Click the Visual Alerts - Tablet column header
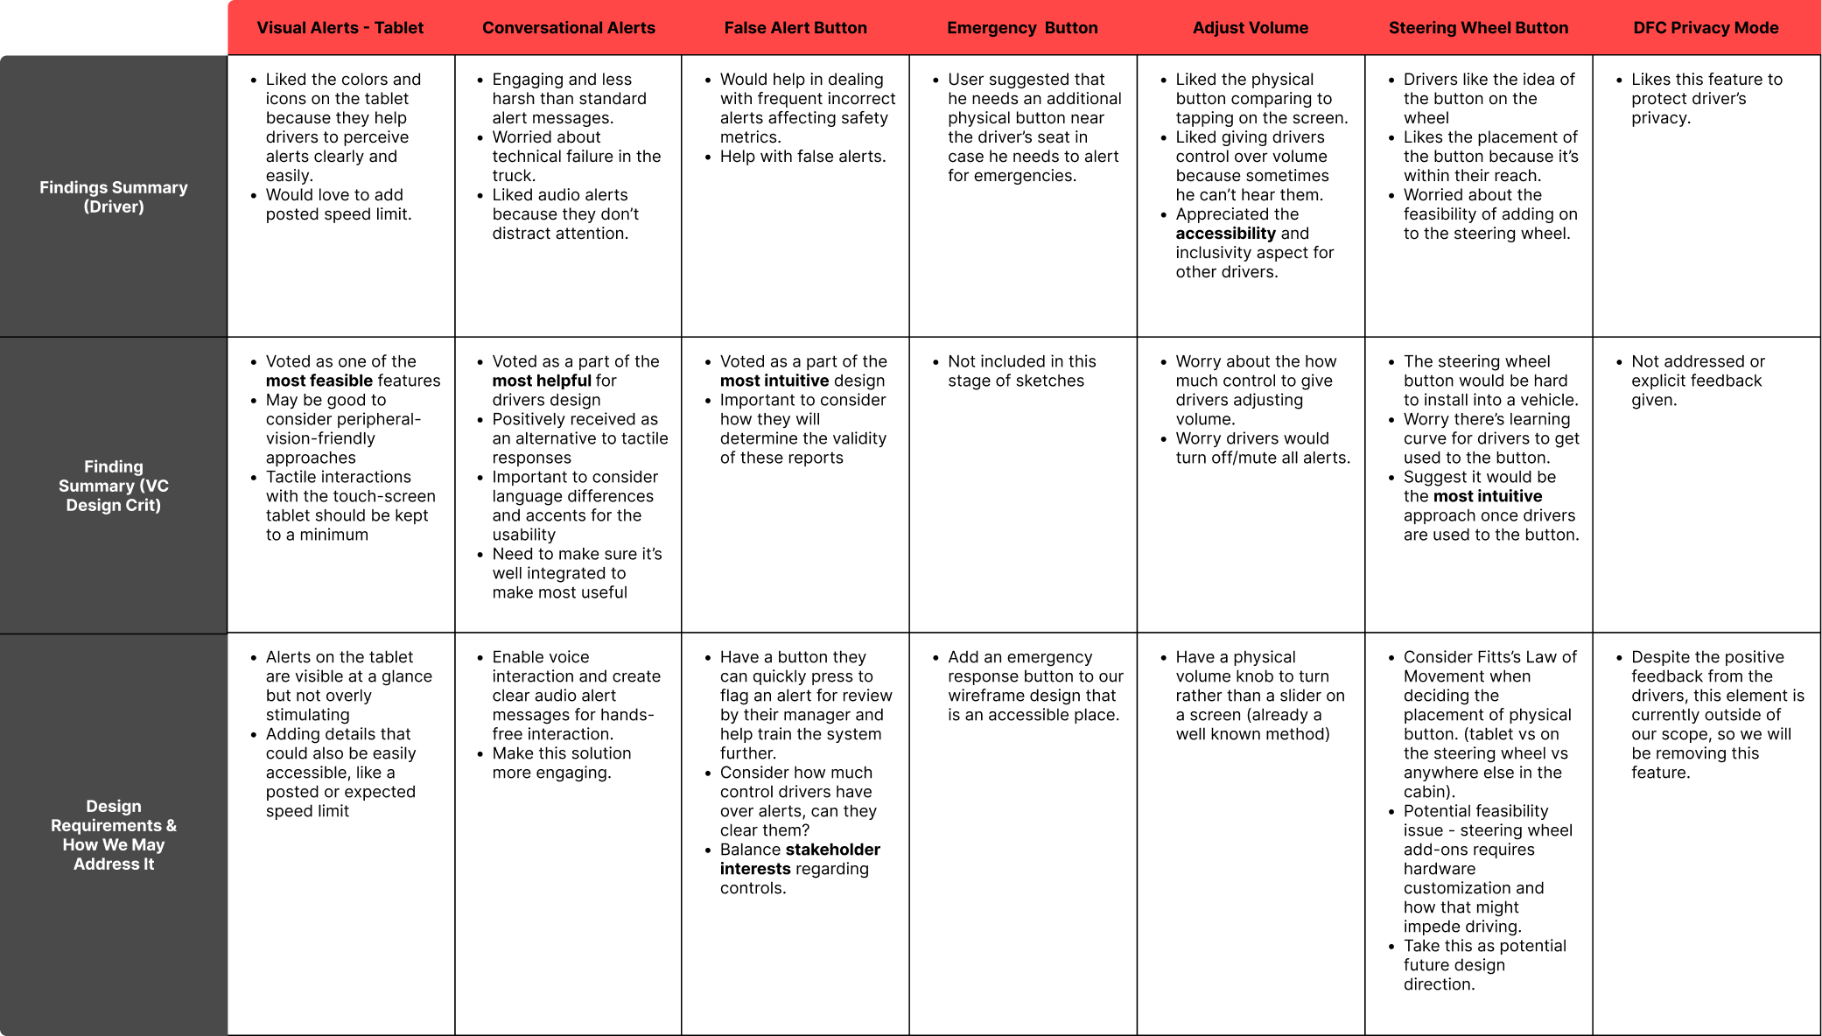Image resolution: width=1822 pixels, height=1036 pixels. tap(340, 28)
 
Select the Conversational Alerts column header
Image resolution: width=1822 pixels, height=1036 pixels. tap(568, 28)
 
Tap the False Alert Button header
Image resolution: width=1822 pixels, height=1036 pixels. tap(795, 28)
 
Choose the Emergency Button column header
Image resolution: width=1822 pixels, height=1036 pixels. tap(1022, 28)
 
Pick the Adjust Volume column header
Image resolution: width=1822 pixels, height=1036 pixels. tap(1250, 28)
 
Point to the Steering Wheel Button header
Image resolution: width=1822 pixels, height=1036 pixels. tap(1478, 28)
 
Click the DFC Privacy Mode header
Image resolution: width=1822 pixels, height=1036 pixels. tap(1706, 28)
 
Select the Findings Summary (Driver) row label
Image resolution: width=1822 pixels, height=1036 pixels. tap(114, 197)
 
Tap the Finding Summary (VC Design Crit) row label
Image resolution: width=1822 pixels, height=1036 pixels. tap(114, 486)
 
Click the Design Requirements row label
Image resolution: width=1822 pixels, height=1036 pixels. tap(114, 835)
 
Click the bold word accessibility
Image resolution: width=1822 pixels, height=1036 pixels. tap(1225, 234)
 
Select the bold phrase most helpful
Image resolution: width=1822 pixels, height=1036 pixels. tap(542, 381)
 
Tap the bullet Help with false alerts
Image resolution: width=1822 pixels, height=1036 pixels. tap(802, 157)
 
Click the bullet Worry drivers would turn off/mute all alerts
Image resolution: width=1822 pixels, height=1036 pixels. tap(1262, 448)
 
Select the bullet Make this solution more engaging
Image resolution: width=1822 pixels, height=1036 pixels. tap(560, 763)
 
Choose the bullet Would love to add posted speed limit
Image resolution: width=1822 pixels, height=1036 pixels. tap(338, 205)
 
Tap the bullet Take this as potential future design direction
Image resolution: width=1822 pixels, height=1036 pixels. tap(1484, 965)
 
